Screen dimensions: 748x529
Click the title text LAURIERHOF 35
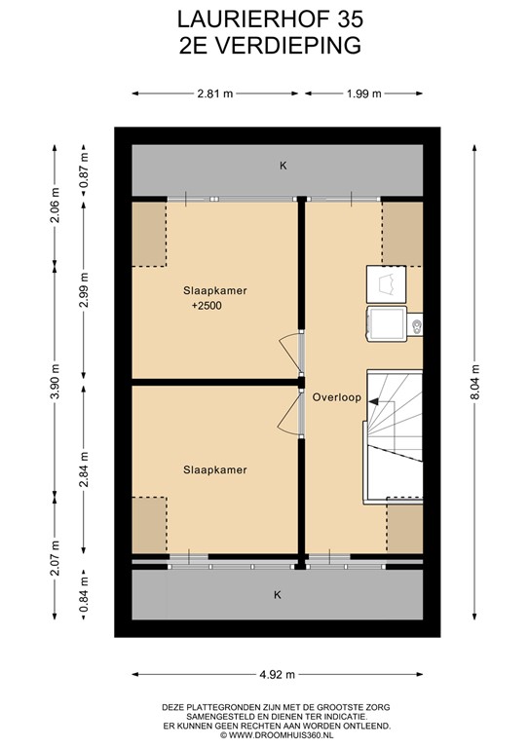pos(264,19)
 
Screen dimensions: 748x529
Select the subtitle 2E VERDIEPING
pos(264,44)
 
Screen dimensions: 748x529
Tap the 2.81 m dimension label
pos(215,93)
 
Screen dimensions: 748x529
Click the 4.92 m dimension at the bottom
pos(277,674)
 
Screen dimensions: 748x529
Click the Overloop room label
pos(337,397)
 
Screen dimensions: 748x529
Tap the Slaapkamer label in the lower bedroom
pos(214,469)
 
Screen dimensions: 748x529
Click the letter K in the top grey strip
pos(283,166)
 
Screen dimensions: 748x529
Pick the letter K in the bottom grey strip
pos(278,594)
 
